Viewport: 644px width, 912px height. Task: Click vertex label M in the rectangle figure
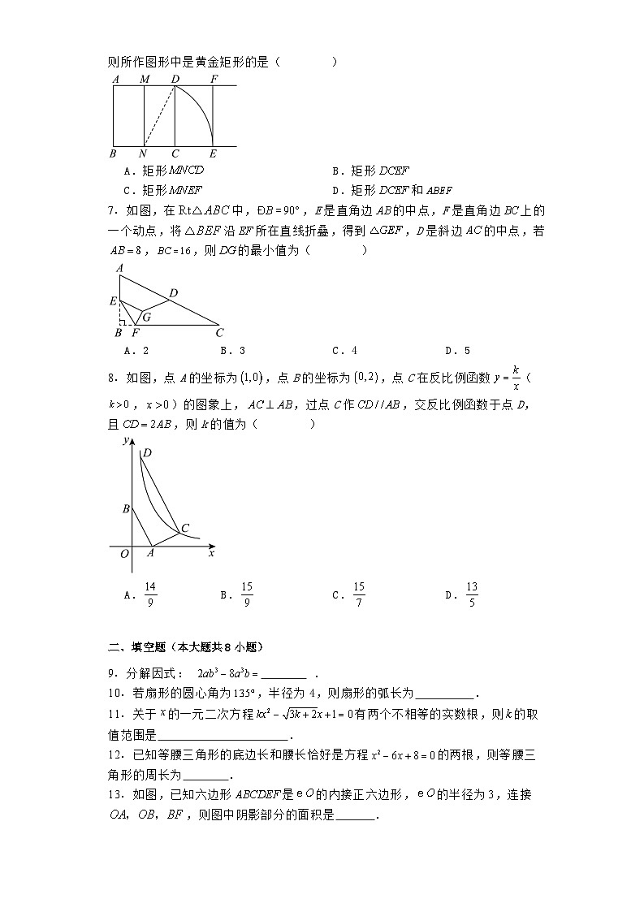(x=145, y=79)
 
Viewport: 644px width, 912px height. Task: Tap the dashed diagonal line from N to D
(x=160, y=116)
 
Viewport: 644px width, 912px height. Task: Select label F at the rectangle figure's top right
(x=214, y=79)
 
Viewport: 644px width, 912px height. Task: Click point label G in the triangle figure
(x=146, y=317)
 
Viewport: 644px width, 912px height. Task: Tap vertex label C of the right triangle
(x=219, y=332)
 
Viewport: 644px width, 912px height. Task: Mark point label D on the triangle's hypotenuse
(x=173, y=292)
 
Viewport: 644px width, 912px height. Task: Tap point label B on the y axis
(x=125, y=509)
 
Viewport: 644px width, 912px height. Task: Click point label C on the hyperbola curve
(x=185, y=529)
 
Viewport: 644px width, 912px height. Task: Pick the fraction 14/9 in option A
(x=149, y=594)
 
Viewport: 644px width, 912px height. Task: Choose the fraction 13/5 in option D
(x=472, y=594)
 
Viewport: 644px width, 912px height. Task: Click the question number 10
(x=115, y=693)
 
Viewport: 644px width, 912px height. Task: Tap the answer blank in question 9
(x=285, y=673)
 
